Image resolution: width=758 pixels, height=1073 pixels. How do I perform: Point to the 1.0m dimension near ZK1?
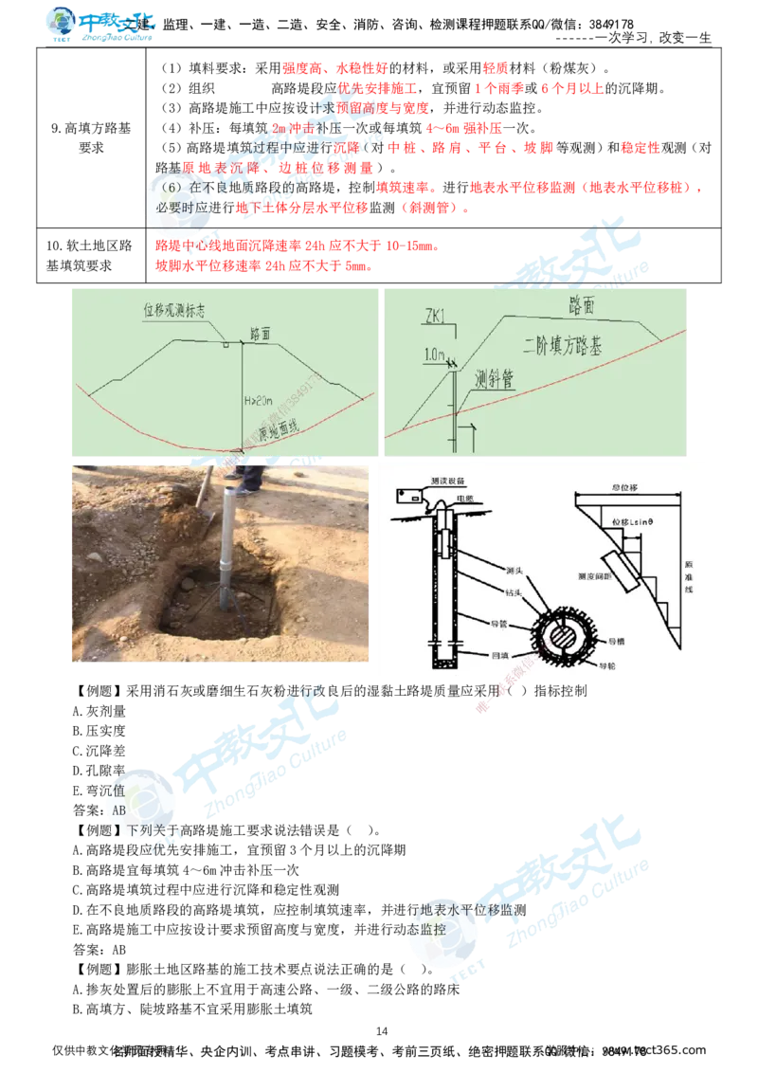click(435, 355)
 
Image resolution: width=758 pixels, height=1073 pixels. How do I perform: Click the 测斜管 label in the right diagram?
click(494, 380)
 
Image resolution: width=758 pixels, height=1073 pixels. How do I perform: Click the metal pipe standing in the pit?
click(228, 546)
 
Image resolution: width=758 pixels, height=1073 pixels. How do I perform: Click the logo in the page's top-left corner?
click(99, 25)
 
